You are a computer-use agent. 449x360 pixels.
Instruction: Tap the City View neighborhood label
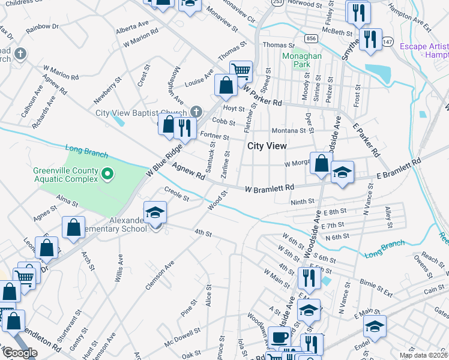[267, 146]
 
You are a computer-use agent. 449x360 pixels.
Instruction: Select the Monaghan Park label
[302, 61]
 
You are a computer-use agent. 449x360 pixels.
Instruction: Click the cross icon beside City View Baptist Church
[196, 112]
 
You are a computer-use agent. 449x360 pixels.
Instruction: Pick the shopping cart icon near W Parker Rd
[241, 71]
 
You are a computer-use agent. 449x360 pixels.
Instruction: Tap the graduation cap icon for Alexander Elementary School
[154, 212]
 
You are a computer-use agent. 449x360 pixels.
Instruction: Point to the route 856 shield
[310, 38]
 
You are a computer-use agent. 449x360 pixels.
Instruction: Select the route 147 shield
[388, 41]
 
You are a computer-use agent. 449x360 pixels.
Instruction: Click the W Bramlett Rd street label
[268, 188]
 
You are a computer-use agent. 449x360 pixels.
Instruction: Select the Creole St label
[176, 194]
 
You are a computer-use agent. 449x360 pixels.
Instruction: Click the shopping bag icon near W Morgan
[321, 163]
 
